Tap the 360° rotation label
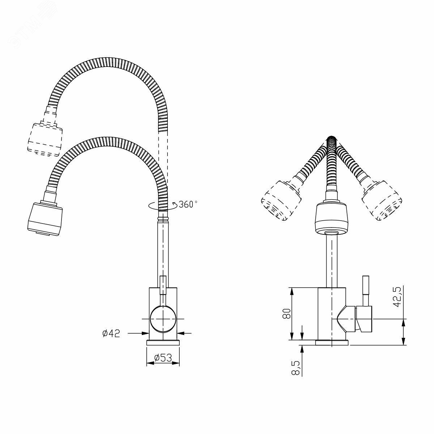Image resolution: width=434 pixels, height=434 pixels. tap(188, 204)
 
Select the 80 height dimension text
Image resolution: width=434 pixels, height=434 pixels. tap(287, 313)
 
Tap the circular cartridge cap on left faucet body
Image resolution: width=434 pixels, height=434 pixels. tap(163, 319)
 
